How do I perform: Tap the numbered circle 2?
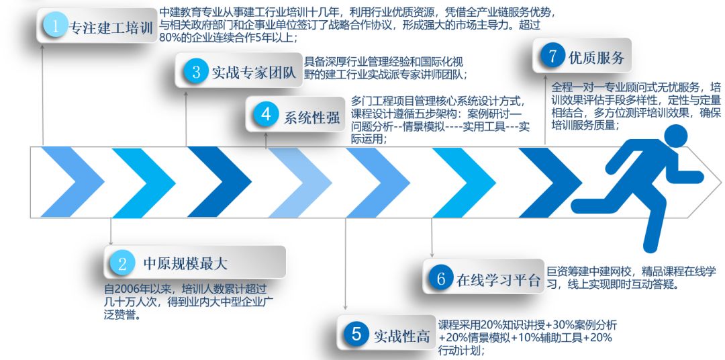coord(122,263)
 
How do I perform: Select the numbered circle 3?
coord(196,72)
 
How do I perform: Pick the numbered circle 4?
coord(266,114)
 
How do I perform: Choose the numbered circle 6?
coord(440,279)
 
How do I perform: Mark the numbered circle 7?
coord(552,56)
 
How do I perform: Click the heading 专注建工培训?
coord(111,28)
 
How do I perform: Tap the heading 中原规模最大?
coord(185,264)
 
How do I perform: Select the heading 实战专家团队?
coord(254,73)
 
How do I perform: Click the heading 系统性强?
coord(311,117)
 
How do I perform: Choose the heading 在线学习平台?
coord(498,281)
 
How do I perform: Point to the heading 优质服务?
coord(597,58)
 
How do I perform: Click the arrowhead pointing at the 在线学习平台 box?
coord(432,255)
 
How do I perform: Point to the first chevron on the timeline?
coord(72,182)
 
